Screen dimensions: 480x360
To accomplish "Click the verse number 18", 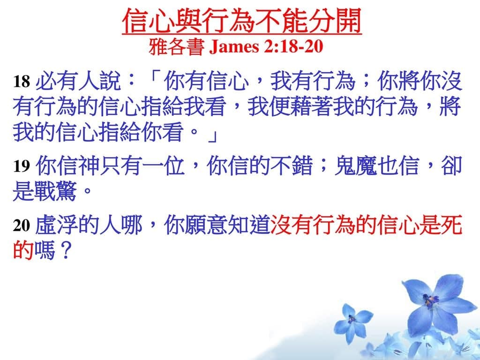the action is point(22,82).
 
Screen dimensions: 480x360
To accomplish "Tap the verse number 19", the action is point(22,166).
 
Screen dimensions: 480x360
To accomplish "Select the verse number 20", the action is point(22,225).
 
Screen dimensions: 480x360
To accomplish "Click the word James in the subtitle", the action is point(234,46).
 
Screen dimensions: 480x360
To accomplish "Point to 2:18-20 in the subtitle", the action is point(293,46).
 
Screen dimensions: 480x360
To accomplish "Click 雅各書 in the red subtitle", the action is point(177,47).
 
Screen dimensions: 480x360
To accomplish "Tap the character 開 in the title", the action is point(349,21).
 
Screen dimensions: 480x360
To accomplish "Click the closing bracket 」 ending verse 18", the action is point(212,136).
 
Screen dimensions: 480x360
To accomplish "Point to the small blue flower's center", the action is point(352,319).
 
